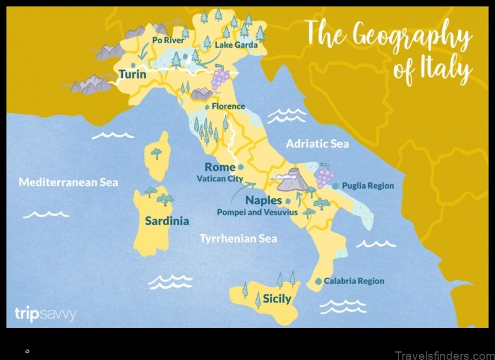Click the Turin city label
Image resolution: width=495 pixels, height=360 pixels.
point(133,75)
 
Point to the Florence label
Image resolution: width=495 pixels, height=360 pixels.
point(228,106)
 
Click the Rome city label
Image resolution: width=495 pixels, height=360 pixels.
point(220,167)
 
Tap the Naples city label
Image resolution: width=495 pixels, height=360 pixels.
point(264,200)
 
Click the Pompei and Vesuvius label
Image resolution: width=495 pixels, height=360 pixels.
point(257,212)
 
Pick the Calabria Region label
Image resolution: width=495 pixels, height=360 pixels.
point(353,281)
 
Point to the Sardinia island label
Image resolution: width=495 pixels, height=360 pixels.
point(167,221)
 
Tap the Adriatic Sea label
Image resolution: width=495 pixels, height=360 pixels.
point(317,144)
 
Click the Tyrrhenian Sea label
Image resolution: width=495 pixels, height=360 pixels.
point(238,238)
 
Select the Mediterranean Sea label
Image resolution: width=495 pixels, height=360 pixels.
point(68,182)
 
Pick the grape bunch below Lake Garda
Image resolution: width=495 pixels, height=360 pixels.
point(220,79)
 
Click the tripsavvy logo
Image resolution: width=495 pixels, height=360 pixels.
point(45,314)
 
